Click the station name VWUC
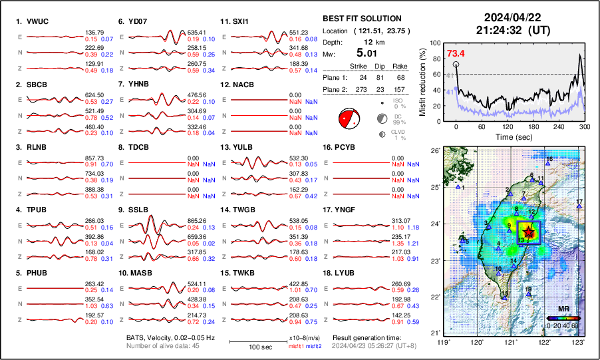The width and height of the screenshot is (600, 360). click(40, 21)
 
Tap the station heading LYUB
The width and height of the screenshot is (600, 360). click(351, 273)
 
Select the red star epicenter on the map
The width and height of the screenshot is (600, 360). click(528, 232)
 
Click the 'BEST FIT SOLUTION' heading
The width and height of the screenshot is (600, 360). click(362, 19)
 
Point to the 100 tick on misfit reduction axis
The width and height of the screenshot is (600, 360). click(435, 43)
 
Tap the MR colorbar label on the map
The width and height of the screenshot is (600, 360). click(563, 309)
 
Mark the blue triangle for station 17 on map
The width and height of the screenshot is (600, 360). click(579, 207)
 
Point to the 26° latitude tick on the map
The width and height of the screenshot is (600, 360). click(434, 151)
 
